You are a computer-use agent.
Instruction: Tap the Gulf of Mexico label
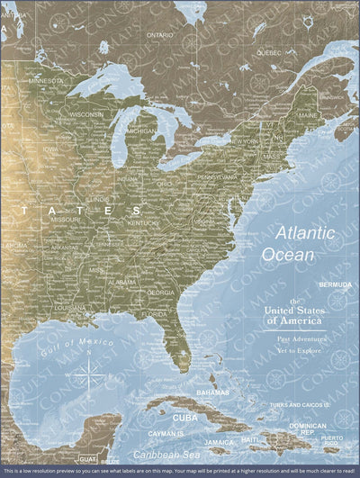click(64, 338)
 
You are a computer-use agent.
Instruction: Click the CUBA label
click(184, 418)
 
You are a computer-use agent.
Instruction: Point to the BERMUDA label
click(335, 284)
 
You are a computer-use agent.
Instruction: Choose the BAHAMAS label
click(212, 392)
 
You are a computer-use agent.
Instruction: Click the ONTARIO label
click(159, 34)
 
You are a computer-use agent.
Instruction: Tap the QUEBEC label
click(269, 52)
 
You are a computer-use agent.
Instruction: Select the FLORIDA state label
click(154, 314)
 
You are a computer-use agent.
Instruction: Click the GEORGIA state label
click(161, 292)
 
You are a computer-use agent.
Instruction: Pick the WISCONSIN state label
click(86, 114)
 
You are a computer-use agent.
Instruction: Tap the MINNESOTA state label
click(46, 80)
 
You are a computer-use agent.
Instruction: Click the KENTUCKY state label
click(143, 222)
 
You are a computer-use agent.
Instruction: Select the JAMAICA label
click(219, 442)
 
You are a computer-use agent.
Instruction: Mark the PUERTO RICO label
click(332, 440)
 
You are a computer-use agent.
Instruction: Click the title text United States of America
click(295, 312)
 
